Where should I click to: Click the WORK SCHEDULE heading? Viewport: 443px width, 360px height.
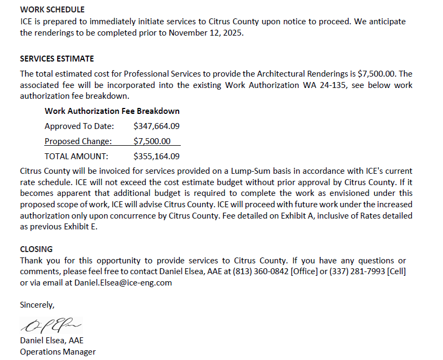click(x=52, y=10)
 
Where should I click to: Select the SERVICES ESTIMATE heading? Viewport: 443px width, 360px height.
click(x=57, y=59)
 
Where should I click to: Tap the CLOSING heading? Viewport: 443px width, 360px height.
click(x=36, y=249)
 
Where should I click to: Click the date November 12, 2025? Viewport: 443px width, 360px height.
click(x=206, y=32)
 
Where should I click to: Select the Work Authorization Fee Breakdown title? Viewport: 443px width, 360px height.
click(x=112, y=111)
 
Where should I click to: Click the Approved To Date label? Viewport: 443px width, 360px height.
click(x=79, y=126)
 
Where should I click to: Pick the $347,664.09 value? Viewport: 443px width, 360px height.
click(x=156, y=126)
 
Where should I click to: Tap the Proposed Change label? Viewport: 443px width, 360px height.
click(x=78, y=141)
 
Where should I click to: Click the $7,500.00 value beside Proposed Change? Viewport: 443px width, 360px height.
click(x=152, y=141)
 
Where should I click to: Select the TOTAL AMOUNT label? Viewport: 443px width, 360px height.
click(x=76, y=157)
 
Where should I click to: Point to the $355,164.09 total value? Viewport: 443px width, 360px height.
click(x=156, y=157)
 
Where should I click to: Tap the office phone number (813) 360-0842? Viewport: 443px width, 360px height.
click(x=262, y=271)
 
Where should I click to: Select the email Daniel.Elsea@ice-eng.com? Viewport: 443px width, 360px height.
click(x=123, y=282)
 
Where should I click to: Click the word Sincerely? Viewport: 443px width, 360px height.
click(x=37, y=305)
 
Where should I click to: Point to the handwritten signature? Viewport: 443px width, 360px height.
click(x=51, y=325)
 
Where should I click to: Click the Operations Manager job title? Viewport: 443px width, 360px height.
click(x=58, y=352)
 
